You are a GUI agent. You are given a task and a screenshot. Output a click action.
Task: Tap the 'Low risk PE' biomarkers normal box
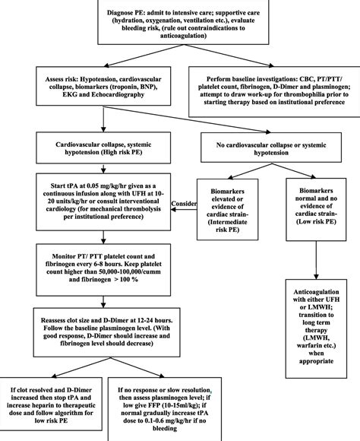coord(315,211)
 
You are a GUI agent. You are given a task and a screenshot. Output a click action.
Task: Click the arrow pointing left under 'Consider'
coord(182,212)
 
